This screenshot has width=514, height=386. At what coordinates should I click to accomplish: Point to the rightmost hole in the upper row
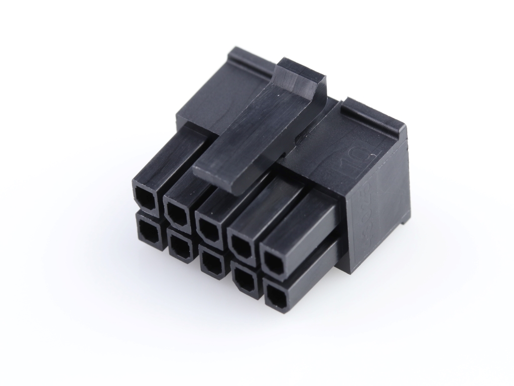(x=274, y=262)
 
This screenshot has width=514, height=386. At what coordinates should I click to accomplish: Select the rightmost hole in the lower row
(x=276, y=295)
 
